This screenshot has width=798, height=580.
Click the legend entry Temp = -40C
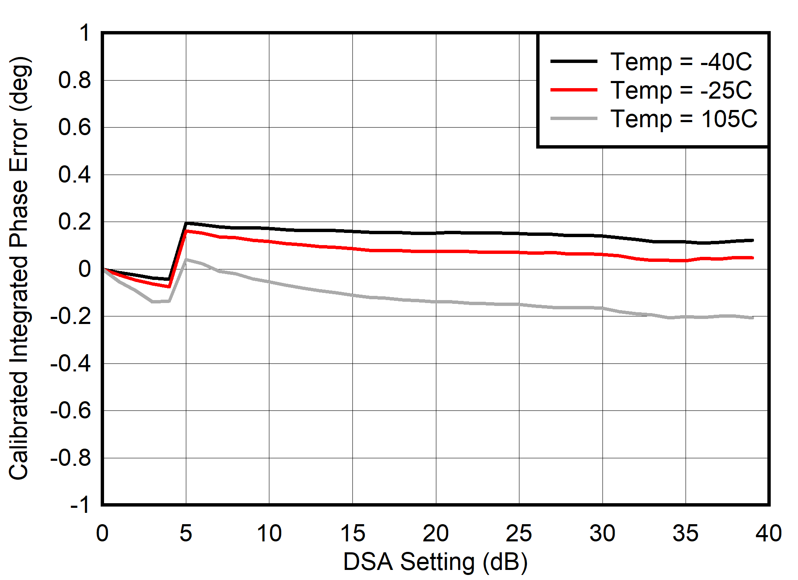[681, 62]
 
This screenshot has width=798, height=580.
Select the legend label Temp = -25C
[681, 90]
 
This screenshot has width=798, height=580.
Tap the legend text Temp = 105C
[683, 119]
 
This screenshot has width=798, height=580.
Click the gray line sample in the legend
[574, 119]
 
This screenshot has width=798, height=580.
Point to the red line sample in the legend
[574, 90]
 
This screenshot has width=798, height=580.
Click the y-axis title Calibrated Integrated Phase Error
[18, 269]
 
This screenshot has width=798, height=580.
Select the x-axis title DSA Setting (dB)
[435, 562]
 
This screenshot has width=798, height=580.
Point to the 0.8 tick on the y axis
[74, 80]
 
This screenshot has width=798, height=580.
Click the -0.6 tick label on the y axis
[70, 410]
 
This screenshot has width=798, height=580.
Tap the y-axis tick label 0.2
[74, 222]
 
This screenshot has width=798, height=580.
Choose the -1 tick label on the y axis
[80, 504]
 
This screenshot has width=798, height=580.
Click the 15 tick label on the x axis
[352, 533]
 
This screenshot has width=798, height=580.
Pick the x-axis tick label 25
[519, 533]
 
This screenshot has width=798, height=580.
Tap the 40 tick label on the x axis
[768, 533]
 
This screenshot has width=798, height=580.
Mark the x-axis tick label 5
[186, 533]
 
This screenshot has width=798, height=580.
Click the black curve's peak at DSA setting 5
[186, 223]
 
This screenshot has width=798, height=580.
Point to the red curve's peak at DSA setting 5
[186, 231]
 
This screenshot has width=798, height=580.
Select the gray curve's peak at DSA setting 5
[186, 259]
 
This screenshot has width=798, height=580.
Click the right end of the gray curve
[753, 318]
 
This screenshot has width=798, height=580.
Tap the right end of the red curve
[753, 258]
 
